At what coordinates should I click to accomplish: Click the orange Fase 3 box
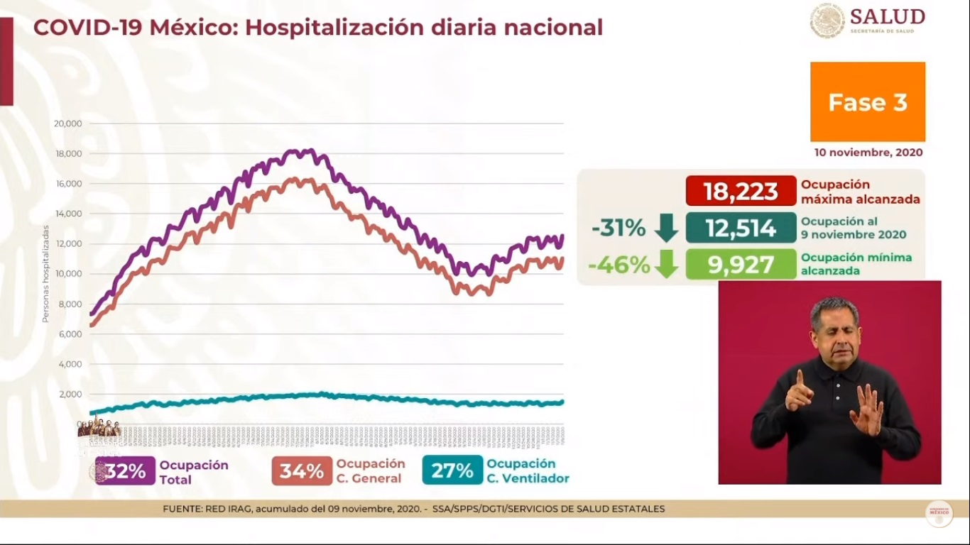(x=867, y=101)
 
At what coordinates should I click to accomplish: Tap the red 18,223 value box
(x=741, y=191)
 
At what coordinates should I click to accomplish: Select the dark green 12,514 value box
(x=741, y=228)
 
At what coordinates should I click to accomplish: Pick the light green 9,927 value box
(x=741, y=265)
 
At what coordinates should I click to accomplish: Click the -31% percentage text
(x=618, y=228)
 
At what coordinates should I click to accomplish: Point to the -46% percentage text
(x=618, y=265)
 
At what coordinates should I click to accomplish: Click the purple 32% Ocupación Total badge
(x=126, y=471)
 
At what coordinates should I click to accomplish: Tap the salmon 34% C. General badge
(x=302, y=471)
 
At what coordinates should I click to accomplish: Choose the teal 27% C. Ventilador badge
(x=452, y=471)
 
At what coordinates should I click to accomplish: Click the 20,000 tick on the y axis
(x=68, y=123)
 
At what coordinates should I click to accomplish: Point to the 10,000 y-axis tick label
(x=68, y=274)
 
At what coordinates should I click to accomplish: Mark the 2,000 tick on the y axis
(x=70, y=395)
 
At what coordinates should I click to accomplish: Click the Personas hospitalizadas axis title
(x=45, y=274)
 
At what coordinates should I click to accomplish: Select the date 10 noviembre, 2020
(x=868, y=153)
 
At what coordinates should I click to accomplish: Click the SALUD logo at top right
(x=868, y=21)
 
